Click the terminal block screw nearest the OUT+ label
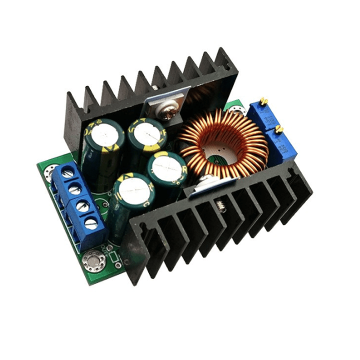click(91, 223)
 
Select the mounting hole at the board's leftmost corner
click(50, 173)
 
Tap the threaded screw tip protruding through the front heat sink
click(218, 204)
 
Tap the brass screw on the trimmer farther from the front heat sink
click(263, 101)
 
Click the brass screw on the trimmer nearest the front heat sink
click(279, 129)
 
